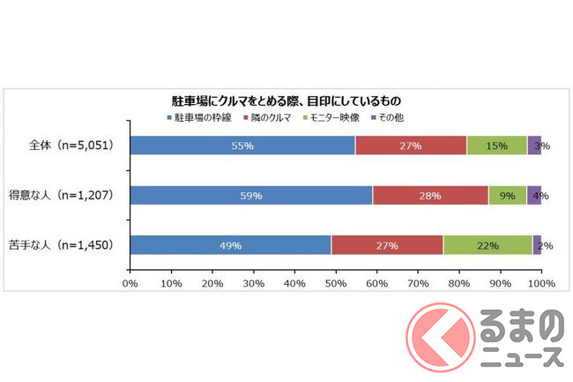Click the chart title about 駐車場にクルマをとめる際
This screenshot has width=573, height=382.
click(286, 101)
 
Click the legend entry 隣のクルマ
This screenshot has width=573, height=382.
click(270, 116)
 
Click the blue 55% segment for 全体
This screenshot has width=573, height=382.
click(242, 146)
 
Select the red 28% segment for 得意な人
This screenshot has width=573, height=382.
click(430, 196)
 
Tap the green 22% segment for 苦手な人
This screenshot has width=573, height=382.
click(487, 246)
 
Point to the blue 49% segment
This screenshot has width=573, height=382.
click(231, 246)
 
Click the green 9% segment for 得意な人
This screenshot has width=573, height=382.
click(508, 196)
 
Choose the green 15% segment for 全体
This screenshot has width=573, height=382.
click(496, 146)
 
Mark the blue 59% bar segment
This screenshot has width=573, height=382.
click(251, 196)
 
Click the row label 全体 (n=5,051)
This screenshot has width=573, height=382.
click(70, 146)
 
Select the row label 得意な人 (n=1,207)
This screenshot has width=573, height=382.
click(70, 196)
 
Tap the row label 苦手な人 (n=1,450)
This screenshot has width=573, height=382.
click(70, 246)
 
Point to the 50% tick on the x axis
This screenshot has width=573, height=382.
click(335, 284)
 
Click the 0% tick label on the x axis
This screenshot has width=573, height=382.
click(130, 284)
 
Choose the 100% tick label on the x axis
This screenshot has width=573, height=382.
click(540, 284)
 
